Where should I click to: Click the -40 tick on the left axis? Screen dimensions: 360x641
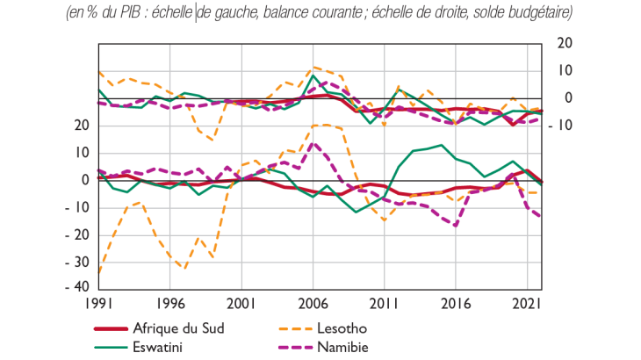(x=79, y=287)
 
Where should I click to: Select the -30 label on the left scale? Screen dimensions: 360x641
(x=79, y=261)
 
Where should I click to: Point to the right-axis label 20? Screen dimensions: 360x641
(x=564, y=43)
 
